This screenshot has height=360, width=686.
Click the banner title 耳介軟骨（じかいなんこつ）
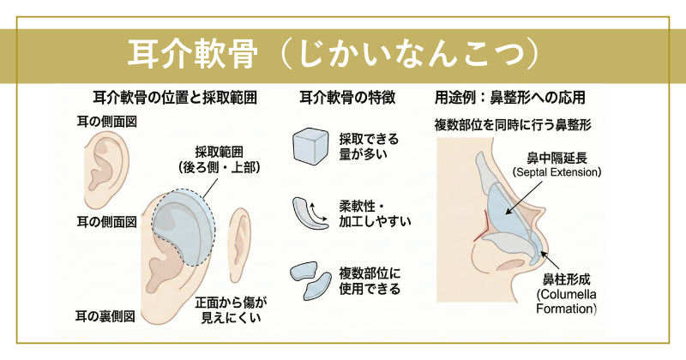point(333,55)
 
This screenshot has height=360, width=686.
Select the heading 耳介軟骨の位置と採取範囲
point(175,98)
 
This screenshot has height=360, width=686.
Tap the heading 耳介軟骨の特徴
point(347,98)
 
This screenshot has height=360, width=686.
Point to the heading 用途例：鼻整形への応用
point(509,98)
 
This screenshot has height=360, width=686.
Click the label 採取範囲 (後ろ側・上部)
point(220,159)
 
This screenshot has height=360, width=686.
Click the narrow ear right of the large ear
point(240,245)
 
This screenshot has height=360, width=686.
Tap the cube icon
point(310,145)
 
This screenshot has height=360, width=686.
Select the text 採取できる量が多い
point(369,147)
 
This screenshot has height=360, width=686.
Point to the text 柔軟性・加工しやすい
point(375,214)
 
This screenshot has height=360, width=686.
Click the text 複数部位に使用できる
point(370,281)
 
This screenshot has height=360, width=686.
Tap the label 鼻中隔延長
point(557,158)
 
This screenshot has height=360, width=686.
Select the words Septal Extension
point(557,172)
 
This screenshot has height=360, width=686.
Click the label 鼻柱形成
point(567,279)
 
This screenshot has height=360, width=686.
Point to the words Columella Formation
point(567,302)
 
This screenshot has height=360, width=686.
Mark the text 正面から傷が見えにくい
point(231,309)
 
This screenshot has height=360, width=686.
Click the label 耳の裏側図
point(105,316)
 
